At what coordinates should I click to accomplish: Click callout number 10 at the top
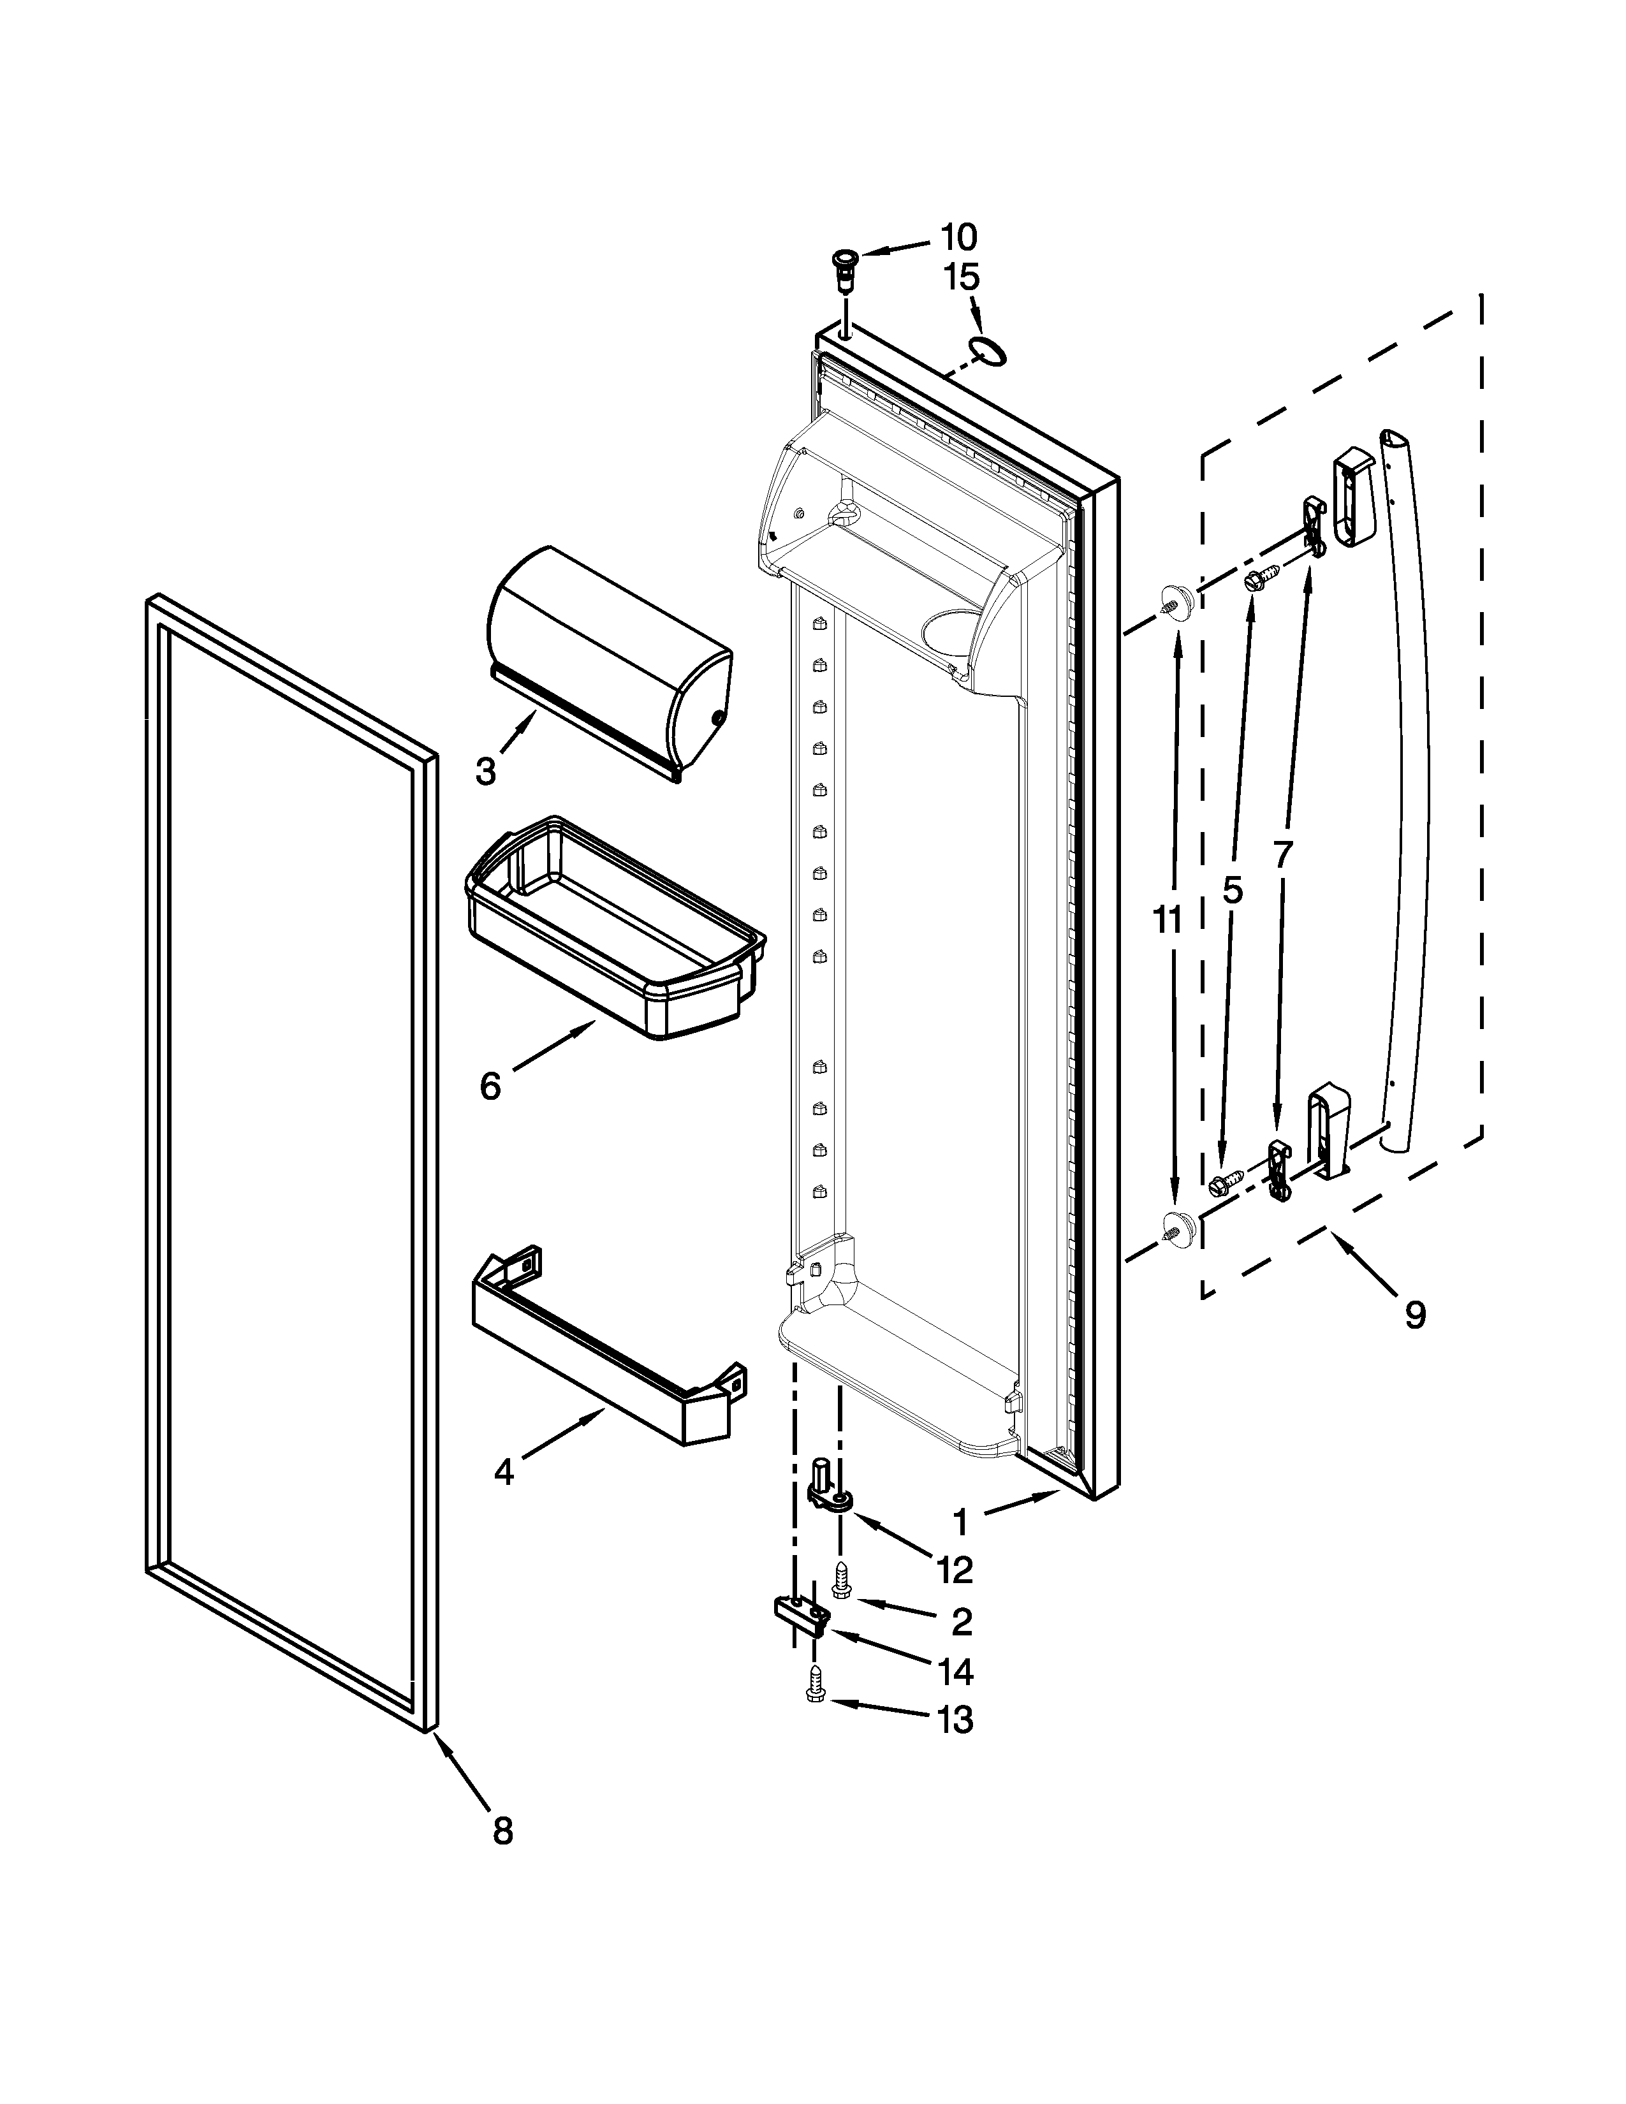(958, 237)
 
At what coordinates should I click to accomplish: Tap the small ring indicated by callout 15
(988, 353)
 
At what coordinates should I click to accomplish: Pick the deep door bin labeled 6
(613, 928)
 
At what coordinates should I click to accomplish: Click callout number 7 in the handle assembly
(1281, 854)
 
